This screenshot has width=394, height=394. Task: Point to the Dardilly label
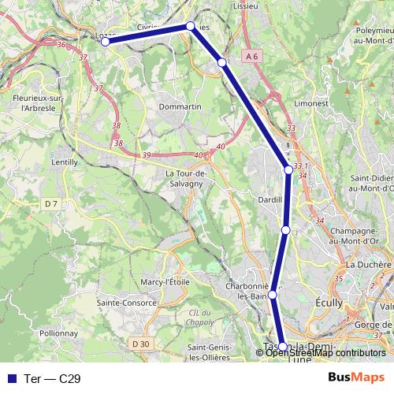click(270, 200)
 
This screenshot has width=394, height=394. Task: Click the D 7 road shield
click(51, 204)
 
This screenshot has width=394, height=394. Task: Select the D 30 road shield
click(140, 344)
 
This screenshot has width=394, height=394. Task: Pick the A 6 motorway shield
click(251, 56)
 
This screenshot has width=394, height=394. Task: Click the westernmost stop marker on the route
click(105, 42)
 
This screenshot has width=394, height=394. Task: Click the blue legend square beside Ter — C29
click(11, 377)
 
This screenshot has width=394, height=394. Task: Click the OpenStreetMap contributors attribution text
click(325, 353)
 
